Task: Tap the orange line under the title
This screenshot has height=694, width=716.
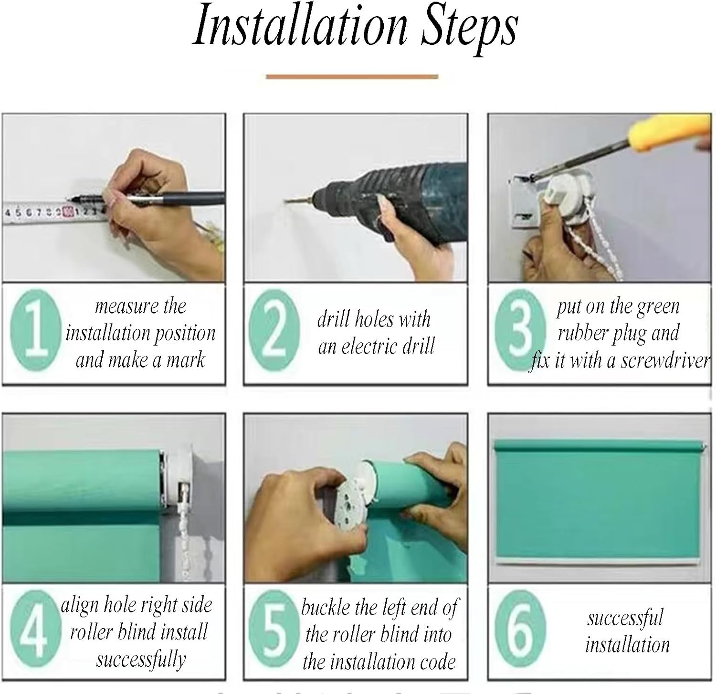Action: [x=352, y=76]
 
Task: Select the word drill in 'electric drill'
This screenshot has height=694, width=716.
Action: [x=417, y=346]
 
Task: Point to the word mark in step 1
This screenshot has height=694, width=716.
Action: [x=186, y=359]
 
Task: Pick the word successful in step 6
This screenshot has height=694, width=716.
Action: [x=625, y=618]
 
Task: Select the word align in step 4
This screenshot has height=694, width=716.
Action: [x=80, y=606]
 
